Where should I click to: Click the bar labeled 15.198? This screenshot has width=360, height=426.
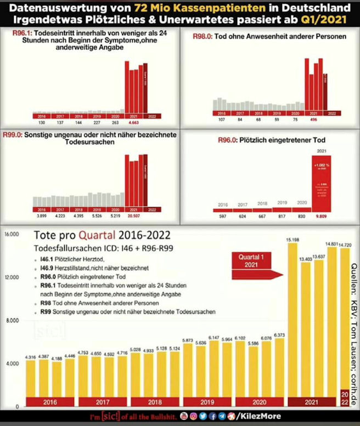[292, 323]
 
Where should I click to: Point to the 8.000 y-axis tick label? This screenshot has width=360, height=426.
[12, 320]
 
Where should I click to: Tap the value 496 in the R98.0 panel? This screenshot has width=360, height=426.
[314, 119]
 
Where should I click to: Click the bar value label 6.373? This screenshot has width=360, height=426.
[279, 334]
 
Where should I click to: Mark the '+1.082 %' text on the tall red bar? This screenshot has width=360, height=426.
[321, 164]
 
